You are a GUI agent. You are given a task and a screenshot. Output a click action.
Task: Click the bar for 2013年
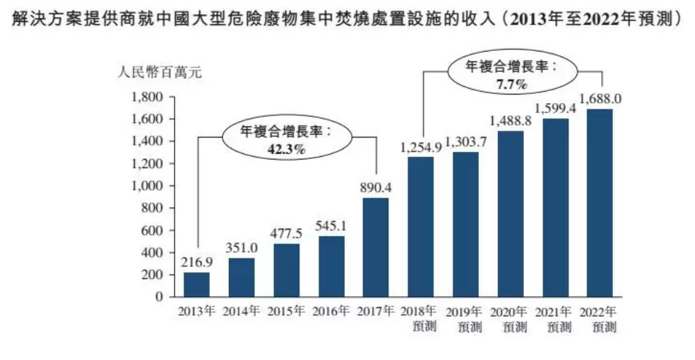tap(196, 284)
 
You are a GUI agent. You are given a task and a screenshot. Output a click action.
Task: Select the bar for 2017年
tap(376, 247)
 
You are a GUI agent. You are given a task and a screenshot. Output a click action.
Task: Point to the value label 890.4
tap(376, 188)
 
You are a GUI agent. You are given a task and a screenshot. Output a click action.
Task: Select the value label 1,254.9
tap(421, 148)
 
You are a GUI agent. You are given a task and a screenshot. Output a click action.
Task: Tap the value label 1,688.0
tap(600, 98)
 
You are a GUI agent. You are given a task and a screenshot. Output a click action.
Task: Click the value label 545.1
tap(331, 227)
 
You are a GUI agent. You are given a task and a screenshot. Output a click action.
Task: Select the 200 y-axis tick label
tap(155, 275)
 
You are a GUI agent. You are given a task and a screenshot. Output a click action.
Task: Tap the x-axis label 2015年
tap(286, 311)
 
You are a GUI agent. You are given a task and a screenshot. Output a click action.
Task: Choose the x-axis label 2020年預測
tap(511, 319)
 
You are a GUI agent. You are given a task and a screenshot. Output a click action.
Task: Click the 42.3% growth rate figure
tap(286, 150)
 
